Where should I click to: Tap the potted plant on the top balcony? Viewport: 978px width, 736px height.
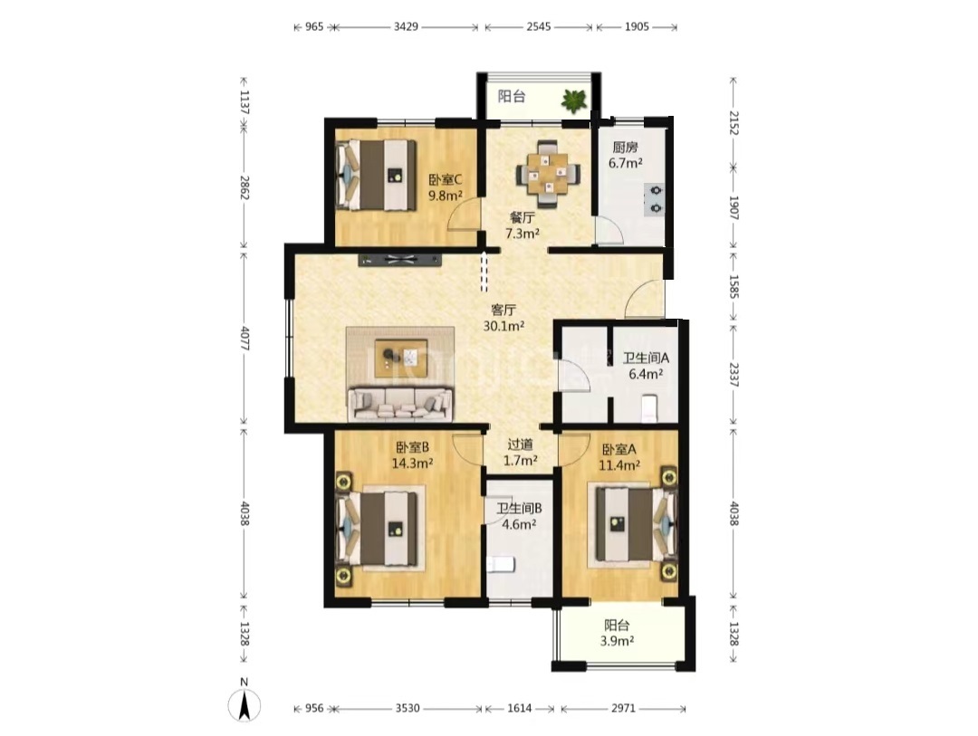point(574,100)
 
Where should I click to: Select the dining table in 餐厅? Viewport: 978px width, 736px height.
point(548,174)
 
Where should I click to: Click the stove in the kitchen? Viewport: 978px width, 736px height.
point(655,199)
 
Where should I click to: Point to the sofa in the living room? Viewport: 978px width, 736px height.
point(401,404)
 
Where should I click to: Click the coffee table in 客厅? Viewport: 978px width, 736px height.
point(400,358)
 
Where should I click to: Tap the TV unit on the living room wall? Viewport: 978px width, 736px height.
point(400,260)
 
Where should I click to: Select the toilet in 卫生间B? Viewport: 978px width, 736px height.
point(500,565)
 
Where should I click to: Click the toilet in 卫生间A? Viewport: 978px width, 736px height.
point(649,408)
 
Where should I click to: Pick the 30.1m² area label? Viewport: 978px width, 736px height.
point(503,326)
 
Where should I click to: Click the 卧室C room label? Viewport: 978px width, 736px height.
point(445,179)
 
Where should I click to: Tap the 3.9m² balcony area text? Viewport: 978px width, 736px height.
point(617,641)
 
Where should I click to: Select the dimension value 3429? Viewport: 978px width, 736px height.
point(406,27)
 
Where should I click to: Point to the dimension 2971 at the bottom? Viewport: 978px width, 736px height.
point(623,708)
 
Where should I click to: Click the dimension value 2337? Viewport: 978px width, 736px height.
point(733,375)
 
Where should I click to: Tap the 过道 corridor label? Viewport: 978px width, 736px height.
point(520,444)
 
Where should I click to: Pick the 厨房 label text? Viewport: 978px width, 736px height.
point(625,148)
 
